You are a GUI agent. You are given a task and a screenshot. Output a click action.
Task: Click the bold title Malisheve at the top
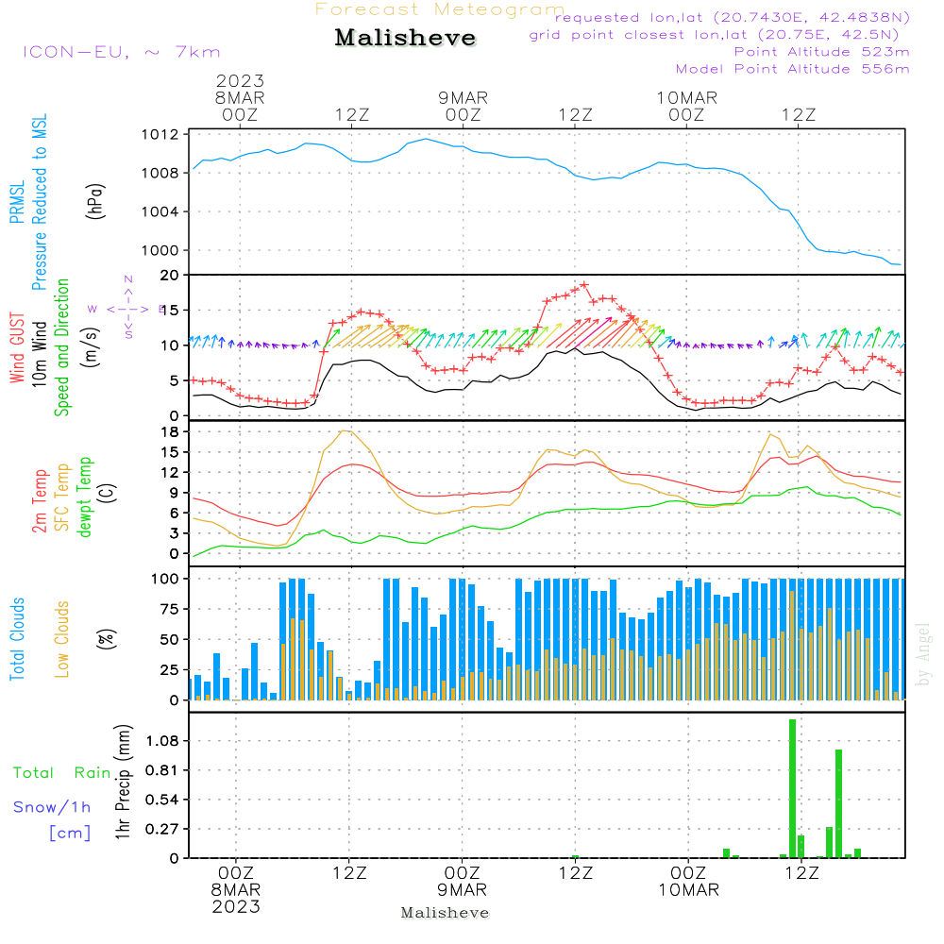pyautogui.click(x=406, y=39)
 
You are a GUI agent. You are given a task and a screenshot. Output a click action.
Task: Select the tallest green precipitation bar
pyautogui.click(x=792, y=788)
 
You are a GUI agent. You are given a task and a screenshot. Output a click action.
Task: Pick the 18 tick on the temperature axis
pyautogui.click(x=170, y=431)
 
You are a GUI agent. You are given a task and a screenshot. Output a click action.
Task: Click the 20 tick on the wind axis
pyautogui.click(x=170, y=276)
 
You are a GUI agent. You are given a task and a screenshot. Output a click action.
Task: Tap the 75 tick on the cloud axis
pyautogui.click(x=168, y=609)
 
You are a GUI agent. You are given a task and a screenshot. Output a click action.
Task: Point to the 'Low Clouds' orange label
pyautogui.click(x=62, y=638)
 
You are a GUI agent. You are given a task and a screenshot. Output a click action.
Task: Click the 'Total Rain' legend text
pyautogui.click(x=61, y=773)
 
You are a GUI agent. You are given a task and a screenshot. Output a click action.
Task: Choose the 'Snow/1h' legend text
pyautogui.click(x=52, y=807)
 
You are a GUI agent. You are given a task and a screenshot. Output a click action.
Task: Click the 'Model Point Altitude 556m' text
pyautogui.click(x=792, y=69)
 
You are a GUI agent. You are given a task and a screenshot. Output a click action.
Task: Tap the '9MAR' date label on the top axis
pyautogui.click(x=463, y=98)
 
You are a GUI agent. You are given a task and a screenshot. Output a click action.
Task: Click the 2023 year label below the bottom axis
pyautogui.click(x=236, y=907)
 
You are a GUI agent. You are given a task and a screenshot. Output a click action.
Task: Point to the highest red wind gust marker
pyautogui.click(x=584, y=284)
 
